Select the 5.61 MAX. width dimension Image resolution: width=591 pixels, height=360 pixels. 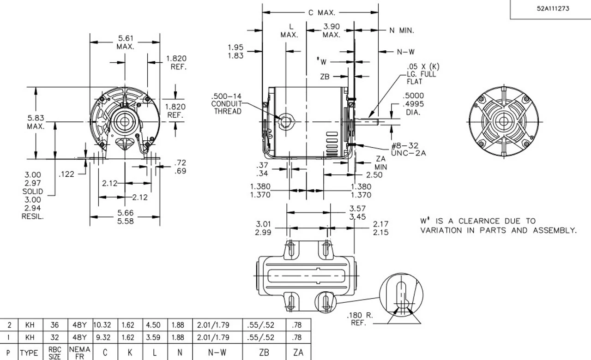click(x=125, y=42)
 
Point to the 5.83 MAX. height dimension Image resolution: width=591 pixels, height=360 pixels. click(x=36, y=122)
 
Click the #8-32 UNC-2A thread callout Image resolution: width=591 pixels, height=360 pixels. click(x=408, y=149)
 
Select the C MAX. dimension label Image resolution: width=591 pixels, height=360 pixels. click(x=322, y=12)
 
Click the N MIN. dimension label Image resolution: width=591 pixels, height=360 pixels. click(x=401, y=31)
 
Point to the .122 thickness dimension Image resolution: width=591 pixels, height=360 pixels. click(x=67, y=174)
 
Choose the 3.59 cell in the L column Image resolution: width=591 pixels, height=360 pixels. click(x=153, y=338)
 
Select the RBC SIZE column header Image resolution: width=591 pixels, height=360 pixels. click(x=54, y=353)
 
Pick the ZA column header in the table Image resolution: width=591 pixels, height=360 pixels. click(x=298, y=353)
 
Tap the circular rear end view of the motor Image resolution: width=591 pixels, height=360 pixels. click(x=502, y=121)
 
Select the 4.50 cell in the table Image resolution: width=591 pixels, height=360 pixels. click(x=153, y=325)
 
